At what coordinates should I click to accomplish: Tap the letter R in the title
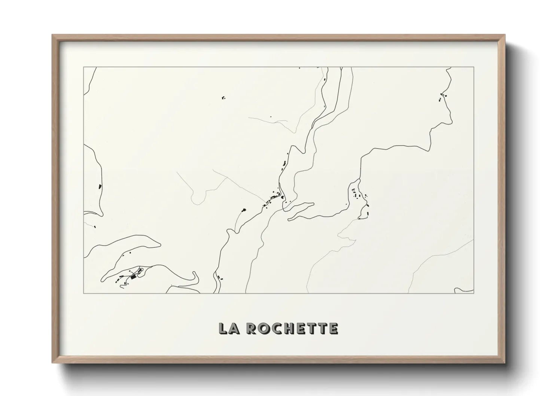253,328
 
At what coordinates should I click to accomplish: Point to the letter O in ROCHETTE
264,328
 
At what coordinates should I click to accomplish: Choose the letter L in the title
224,328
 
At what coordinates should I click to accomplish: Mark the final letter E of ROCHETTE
334,328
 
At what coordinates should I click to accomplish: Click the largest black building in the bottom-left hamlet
133,277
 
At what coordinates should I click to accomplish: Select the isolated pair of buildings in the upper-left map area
223,98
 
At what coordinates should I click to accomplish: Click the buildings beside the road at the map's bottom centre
219,277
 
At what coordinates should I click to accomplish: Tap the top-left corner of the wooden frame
53,35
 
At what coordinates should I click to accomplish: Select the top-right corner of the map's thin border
474,67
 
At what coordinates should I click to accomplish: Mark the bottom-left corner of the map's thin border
83,293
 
